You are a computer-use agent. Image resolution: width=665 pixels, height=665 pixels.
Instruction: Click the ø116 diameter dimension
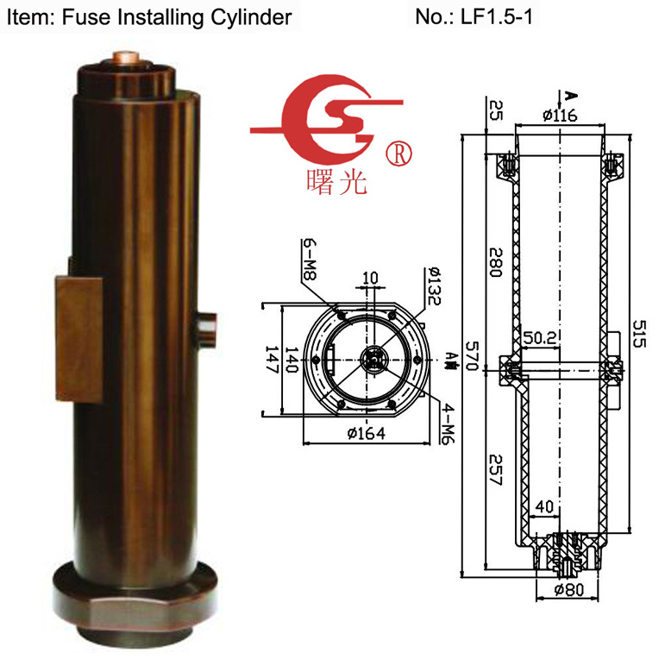(x=560, y=116)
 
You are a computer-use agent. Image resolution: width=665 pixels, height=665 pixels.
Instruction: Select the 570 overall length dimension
(x=472, y=355)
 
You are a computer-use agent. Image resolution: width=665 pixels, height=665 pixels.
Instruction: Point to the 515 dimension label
(x=639, y=334)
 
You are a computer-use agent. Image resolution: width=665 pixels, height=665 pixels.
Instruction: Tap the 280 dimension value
(x=496, y=262)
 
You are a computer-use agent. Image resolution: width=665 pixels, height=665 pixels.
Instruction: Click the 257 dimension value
(x=495, y=470)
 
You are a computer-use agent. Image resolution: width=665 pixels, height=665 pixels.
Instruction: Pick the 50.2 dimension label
(x=539, y=337)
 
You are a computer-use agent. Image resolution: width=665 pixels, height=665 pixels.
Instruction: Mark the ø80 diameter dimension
(x=569, y=589)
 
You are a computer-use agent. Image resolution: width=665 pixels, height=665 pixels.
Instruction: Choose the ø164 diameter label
(x=367, y=433)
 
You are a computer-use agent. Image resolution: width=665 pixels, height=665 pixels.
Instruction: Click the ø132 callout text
(x=435, y=285)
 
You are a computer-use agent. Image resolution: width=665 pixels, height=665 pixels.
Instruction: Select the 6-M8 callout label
(x=310, y=259)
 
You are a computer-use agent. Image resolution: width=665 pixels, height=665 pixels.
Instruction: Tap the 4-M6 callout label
(x=448, y=423)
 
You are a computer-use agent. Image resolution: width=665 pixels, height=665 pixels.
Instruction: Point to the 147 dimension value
(x=271, y=359)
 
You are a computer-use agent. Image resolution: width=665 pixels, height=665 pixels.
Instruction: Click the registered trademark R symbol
(x=398, y=154)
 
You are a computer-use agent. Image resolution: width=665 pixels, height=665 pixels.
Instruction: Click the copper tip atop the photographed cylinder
(x=127, y=57)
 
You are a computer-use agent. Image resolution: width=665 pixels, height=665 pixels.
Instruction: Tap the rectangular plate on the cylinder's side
(x=79, y=339)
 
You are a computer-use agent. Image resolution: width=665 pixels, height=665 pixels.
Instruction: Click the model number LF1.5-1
(x=496, y=17)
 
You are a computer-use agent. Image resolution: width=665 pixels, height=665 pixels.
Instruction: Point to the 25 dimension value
(x=496, y=110)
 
